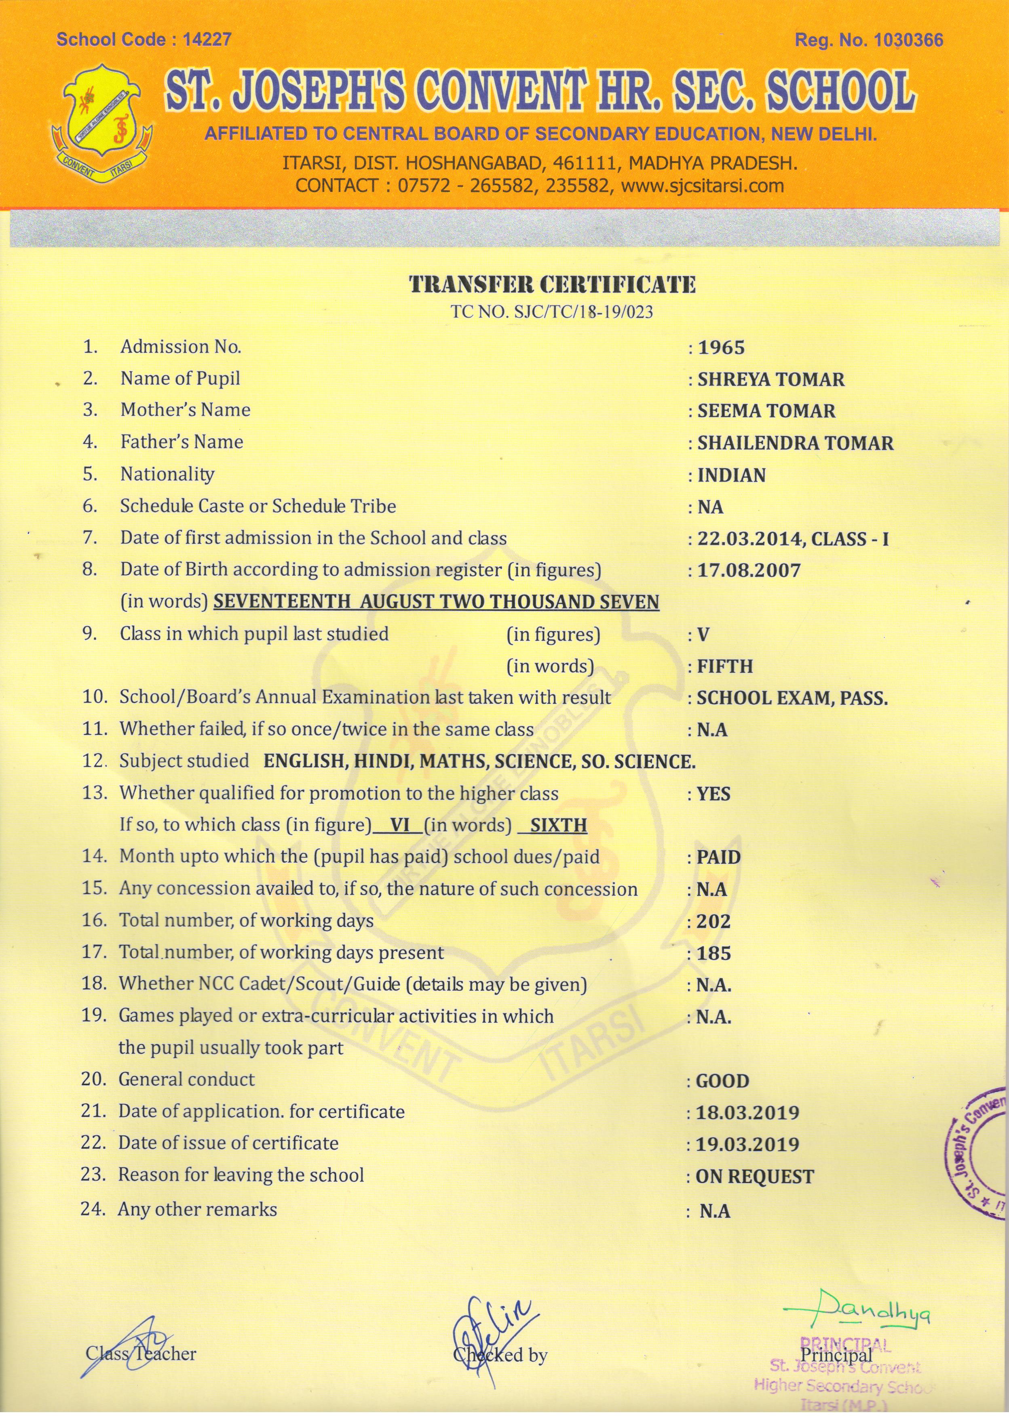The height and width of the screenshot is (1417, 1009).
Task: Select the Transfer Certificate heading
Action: click(x=552, y=284)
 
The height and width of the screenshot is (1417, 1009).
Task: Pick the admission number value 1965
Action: click(x=721, y=348)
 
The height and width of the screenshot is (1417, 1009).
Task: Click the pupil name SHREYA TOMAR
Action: click(x=770, y=379)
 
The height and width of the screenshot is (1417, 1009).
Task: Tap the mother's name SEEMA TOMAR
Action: click(x=766, y=411)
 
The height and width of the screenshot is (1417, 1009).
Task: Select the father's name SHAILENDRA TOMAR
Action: click(x=795, y=443)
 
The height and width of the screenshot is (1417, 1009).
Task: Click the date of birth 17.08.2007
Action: click(x=749, y=570)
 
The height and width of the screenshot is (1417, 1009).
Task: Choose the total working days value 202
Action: click(x=713, y=922)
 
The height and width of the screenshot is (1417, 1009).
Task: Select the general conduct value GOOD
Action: click(x=722, y=1081)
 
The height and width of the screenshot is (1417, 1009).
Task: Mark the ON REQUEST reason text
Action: click(x=754, y=1177)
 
